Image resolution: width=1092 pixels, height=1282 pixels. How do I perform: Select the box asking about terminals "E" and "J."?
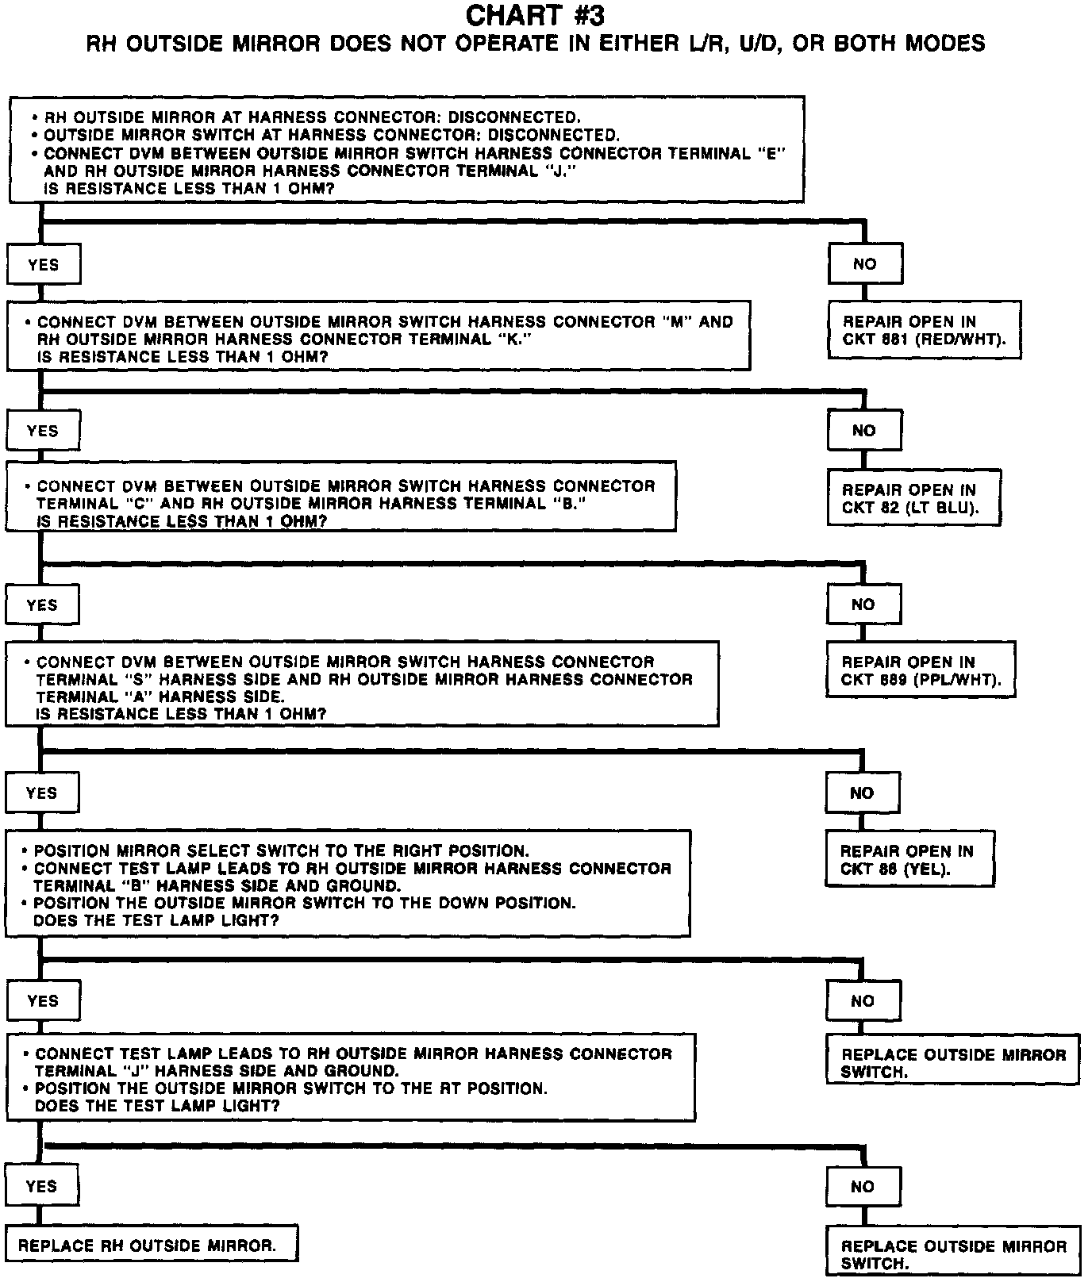406,149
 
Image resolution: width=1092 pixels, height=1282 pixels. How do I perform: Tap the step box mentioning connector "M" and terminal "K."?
379,336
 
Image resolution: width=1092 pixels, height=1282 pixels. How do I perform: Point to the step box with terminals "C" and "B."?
340,496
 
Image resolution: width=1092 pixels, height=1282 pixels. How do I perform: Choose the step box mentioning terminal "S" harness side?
362,684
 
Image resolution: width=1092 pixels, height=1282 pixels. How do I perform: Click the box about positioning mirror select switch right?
348,883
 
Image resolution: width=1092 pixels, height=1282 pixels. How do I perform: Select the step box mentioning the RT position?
351,1077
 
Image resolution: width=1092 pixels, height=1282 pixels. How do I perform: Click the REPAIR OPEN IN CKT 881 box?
924,330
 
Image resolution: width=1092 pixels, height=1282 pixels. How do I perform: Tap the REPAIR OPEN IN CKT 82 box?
913,497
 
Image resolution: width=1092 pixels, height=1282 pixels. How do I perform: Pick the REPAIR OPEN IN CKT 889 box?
921,670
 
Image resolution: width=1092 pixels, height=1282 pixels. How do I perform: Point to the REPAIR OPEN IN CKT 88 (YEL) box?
910,858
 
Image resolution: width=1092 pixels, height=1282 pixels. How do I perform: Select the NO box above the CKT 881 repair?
864,264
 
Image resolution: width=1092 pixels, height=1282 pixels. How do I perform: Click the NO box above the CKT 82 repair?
863,431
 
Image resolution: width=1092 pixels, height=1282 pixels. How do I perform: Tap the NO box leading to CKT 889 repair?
863,605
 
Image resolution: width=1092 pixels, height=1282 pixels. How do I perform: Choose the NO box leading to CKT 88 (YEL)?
862,793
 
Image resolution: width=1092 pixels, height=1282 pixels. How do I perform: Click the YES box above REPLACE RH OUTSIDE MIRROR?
41,1186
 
